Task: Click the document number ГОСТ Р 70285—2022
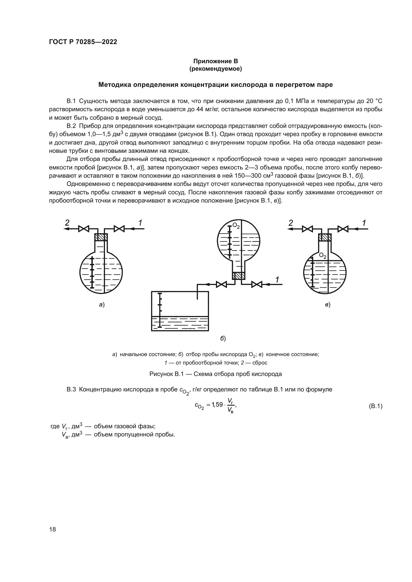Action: click(83, 42)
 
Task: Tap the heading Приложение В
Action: click(215, 61)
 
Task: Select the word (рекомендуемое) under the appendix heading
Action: click(215, 69)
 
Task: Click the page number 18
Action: click(53, 529)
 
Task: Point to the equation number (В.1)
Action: click(375, 406)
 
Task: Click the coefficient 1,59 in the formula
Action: click(217, 405)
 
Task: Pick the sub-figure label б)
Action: click(223, 338)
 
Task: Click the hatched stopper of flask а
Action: click(101, 237)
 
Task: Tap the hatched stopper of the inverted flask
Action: click(238, 276)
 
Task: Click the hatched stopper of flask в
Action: click(325, 237)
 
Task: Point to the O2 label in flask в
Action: click(323, 255)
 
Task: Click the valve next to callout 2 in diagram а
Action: click(83, 229)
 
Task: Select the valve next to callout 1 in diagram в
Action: click(343, 229)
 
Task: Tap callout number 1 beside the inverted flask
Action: click(277, 280)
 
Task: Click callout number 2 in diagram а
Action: click(67, 223)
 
